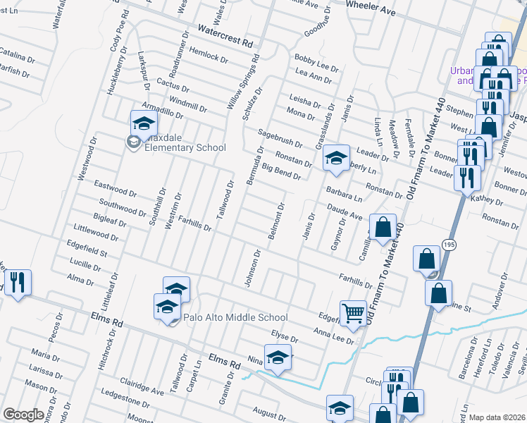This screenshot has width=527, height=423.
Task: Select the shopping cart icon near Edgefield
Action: tap(353, 312)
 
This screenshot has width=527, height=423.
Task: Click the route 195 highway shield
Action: tap(449, 243)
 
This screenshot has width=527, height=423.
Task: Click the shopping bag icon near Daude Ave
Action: tap(383, 228)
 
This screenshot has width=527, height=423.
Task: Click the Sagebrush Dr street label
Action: tap(280, 137)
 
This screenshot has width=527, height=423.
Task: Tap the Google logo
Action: tap(23, 414)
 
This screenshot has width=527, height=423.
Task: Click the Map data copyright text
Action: tap(497, 417)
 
